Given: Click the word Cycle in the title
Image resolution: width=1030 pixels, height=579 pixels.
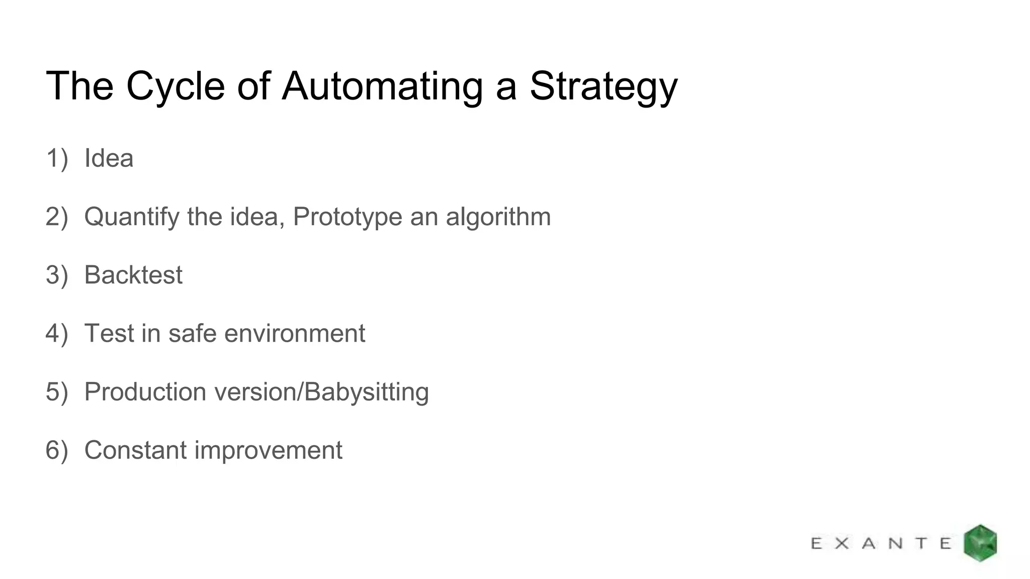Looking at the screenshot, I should click(x=175, y=86).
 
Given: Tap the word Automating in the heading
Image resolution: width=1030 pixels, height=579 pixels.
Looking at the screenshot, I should click(x=382, y=86).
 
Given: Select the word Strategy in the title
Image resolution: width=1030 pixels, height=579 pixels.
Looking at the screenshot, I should click(x=603, y=86).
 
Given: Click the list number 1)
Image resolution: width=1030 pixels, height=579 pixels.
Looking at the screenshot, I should click(x=56, y=158).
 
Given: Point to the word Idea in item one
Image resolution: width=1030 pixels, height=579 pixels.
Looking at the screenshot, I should click(x=109, y=158).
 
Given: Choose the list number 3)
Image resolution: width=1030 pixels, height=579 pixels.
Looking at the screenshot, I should click(x=56, y=275).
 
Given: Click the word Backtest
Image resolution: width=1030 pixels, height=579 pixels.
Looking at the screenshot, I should click(x=133, y=275).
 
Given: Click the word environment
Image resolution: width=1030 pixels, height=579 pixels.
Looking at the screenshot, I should click(x=295, y=333).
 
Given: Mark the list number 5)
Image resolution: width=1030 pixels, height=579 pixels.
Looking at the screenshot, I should click(x=56, y=392).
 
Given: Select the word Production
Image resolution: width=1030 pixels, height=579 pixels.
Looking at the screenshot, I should click(x=145, y=392).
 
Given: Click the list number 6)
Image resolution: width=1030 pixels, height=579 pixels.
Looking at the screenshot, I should click(x=56, y=450).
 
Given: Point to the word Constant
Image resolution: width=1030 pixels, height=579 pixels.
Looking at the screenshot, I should click(x=136, y=450).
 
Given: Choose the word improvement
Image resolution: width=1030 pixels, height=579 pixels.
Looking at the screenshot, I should click(x=268, y=450).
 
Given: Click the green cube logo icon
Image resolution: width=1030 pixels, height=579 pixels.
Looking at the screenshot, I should click(x=980, y=543).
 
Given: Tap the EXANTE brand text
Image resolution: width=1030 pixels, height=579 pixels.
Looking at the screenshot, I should click(x=881, y=543).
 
